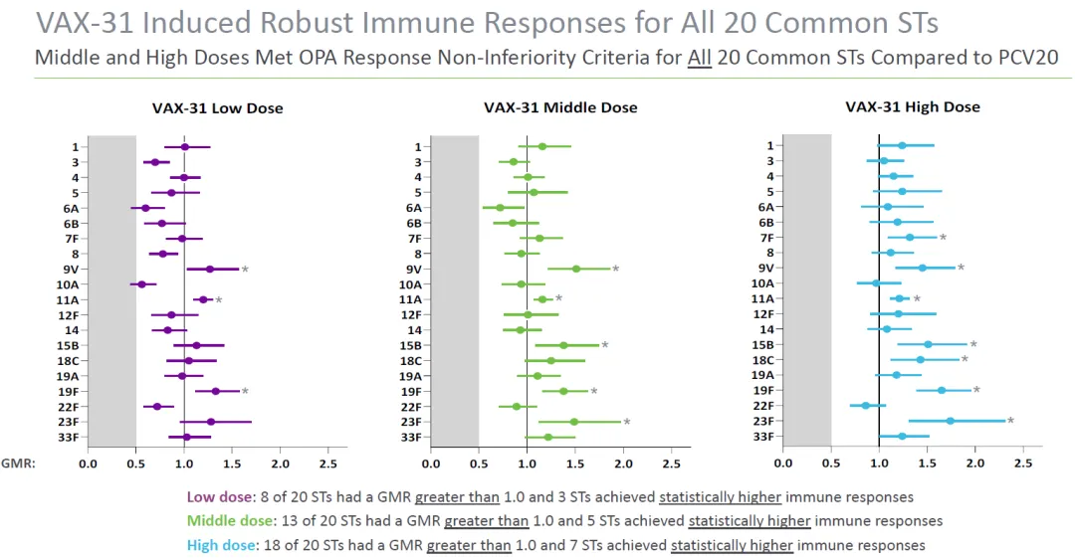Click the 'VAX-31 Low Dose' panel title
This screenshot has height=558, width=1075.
[217, 108]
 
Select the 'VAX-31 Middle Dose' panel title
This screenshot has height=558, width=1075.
[560, 107]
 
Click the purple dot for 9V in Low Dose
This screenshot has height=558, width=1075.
[210, 270]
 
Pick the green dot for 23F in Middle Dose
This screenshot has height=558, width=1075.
[574, 422]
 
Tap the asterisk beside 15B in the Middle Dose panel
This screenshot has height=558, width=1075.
[604, 345]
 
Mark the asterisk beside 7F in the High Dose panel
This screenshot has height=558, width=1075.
[943, 238]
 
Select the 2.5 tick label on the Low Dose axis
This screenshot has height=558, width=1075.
[327, 464]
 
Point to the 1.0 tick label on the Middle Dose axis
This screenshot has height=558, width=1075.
[527, 464]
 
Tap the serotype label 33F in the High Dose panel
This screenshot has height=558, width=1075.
[763, 436]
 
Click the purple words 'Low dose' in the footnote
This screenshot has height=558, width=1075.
[215, 496]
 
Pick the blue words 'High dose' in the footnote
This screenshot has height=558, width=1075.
[219, 545]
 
